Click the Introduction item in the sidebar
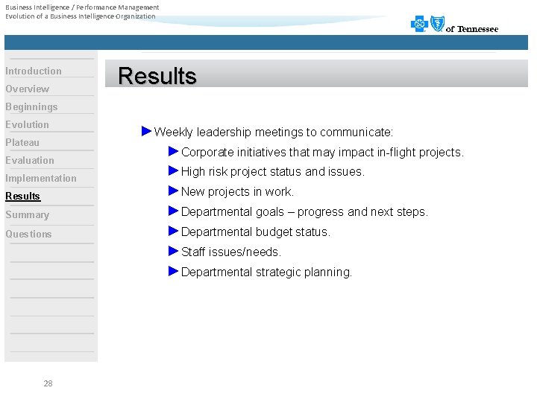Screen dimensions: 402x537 click(x=34, y=71)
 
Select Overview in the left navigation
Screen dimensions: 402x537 click(x=28, y=89)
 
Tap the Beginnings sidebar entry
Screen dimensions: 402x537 click(x=31, y=106)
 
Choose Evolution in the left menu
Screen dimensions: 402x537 click(x=28, y=124)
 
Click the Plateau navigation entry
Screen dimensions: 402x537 click(x=22, y=142)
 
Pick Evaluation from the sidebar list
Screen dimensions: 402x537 click(x=30, y=160)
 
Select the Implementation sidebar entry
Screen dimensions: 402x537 click(x=41, y=178)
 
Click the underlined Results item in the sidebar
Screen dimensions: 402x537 click(x=23, y=196)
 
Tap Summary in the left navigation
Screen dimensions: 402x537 click(x=28, y=214)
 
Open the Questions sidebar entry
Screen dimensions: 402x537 click(x=29, y=234)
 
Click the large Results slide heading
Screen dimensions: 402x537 click(x=157, y=76)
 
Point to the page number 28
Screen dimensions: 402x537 click(x=48, y=383)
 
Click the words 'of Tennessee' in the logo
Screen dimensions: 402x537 click(x=472, y=29)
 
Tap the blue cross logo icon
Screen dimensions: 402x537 click(x=419, y=24)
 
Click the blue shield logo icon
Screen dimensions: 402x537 click(x=436, y=24)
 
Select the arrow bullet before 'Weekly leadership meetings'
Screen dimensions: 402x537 click(x=146, y=132)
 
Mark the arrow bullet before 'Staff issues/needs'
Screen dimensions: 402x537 click(x=174, y=252)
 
